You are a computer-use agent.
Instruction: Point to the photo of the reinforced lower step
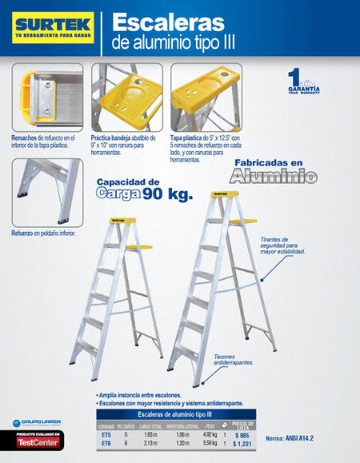[46, 192]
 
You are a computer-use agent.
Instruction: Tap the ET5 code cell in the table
[106, 435]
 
